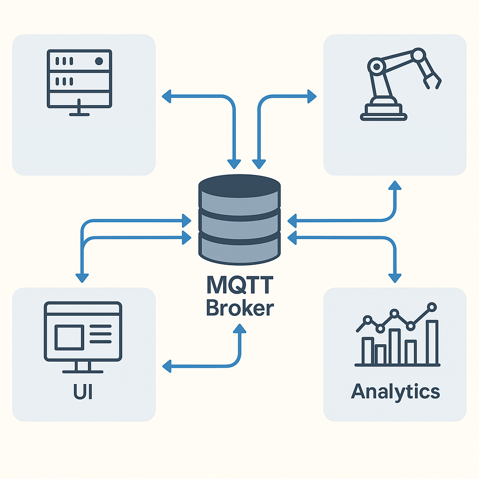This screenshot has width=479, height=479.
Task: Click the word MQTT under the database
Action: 239,286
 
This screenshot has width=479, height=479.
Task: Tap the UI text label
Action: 83,392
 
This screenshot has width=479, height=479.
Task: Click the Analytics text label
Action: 395,391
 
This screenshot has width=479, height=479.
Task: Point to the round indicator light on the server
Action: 99,61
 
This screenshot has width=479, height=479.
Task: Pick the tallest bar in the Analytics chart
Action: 432,342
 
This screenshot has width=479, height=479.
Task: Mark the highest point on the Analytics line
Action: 432,307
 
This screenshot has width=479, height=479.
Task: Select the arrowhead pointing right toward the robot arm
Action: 311,97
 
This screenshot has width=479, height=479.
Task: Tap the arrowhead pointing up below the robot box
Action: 395,185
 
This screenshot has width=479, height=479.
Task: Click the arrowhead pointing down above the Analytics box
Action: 395,277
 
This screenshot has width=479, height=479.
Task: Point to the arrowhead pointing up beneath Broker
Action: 239,329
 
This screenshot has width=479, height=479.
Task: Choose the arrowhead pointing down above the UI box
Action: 82,277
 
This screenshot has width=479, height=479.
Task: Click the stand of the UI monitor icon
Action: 83,367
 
